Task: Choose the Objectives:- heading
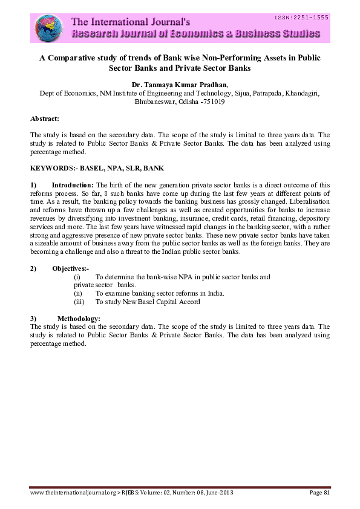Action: click(x=70, y=268)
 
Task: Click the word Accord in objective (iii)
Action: click(x=189, y=301)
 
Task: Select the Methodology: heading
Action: click(x=79, y=318)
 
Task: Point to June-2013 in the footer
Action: click(x=220, y=493)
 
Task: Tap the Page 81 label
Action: click(x=319, y=493)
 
